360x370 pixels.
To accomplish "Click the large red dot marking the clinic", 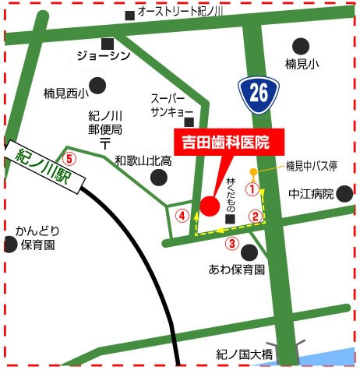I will click(x=209, y=206).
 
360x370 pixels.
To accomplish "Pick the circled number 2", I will click(x=254, y=216).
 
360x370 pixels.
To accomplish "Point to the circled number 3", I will click(x=231, y=243).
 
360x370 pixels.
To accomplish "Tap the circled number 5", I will click(x=70, y=158).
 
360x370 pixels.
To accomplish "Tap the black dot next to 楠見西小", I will click(x=97, y=85).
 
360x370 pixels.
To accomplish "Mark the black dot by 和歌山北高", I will click(x=158, y=177).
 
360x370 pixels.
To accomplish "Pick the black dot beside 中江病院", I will click(x=345, y=194).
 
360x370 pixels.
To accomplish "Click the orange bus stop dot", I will click(x=252, y=171).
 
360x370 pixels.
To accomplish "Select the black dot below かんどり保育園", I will click(x=10, y=245).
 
